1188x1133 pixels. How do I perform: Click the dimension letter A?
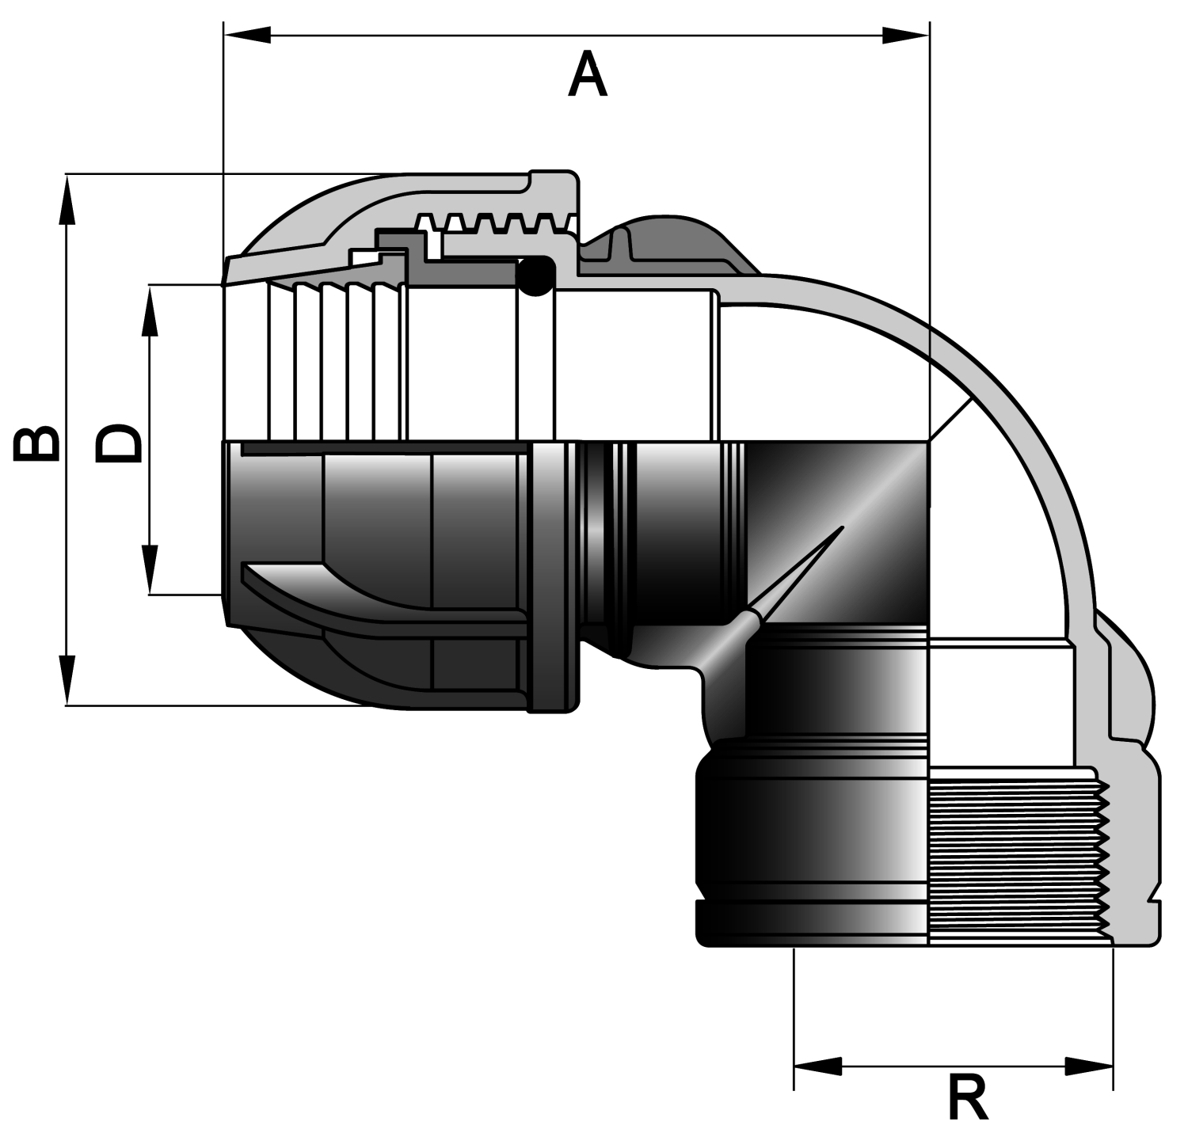coord(588,75)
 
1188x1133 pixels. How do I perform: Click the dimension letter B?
coord(36,443)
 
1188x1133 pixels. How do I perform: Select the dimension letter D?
coord(119,443)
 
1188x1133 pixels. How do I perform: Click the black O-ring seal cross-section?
coord(535,276)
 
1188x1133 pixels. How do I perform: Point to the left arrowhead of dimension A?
coord(247,35)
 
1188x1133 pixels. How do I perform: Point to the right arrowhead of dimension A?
coord(905,35)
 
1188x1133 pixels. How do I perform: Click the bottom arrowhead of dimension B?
coord(67,679)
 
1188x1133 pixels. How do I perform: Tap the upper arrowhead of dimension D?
coord(150,310)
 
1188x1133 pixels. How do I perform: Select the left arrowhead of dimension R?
coord(818,1066)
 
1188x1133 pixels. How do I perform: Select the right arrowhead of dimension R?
coord(1089,1066)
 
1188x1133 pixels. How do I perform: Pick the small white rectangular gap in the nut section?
coord(366,257)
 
